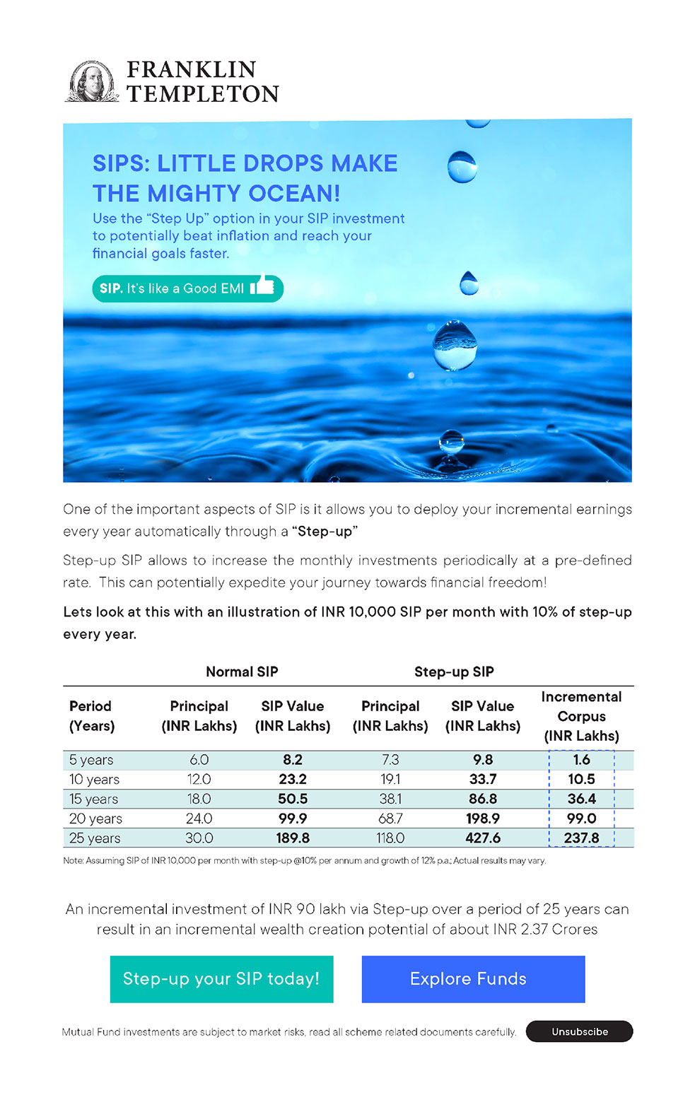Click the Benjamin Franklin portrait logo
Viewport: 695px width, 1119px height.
[x=92, y=81]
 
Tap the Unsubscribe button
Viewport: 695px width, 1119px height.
[x=579, y=1031]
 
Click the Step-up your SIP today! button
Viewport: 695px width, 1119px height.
[x=221, y=979]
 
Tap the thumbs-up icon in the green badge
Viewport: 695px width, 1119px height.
[x=263, y=285]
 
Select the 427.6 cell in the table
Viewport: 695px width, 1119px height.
[x=483, y=838]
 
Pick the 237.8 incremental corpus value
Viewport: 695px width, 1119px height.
[x=581, y=838]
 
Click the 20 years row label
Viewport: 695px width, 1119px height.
[x=95, y=819]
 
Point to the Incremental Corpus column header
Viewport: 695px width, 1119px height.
[x=581, y=716]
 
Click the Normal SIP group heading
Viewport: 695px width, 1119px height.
[x=242, y=672]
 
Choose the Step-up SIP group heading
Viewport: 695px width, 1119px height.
[x=454, y=672]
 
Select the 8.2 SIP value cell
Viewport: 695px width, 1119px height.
[x=293, y=760]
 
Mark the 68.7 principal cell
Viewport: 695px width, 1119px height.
[x=390, y=819]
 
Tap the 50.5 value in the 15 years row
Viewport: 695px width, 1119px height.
[x=293, y=799]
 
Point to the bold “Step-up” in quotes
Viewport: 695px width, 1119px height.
[x=325, y=532]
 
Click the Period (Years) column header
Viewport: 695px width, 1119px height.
[x=92, y=716]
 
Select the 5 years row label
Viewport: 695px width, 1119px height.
[x=91, y=760]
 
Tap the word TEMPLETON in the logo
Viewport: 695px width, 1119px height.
[x=203, y=94]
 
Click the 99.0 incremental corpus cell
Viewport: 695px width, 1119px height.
[x=581, y=819]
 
